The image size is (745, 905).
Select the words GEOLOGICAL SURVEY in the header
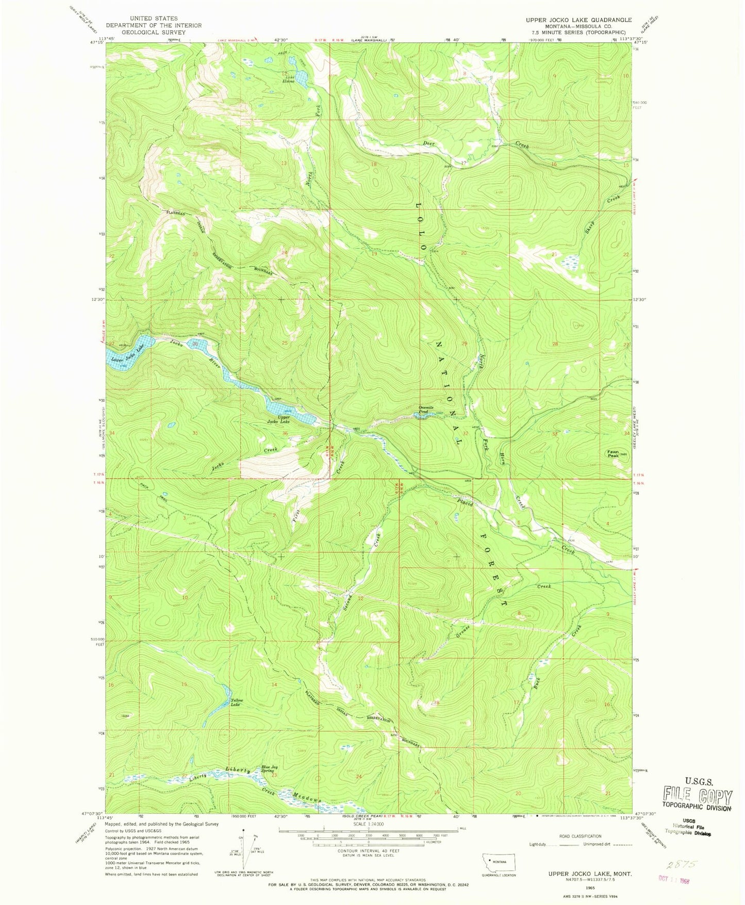coord(154,32)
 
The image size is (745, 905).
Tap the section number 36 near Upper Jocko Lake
coord(285,433)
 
